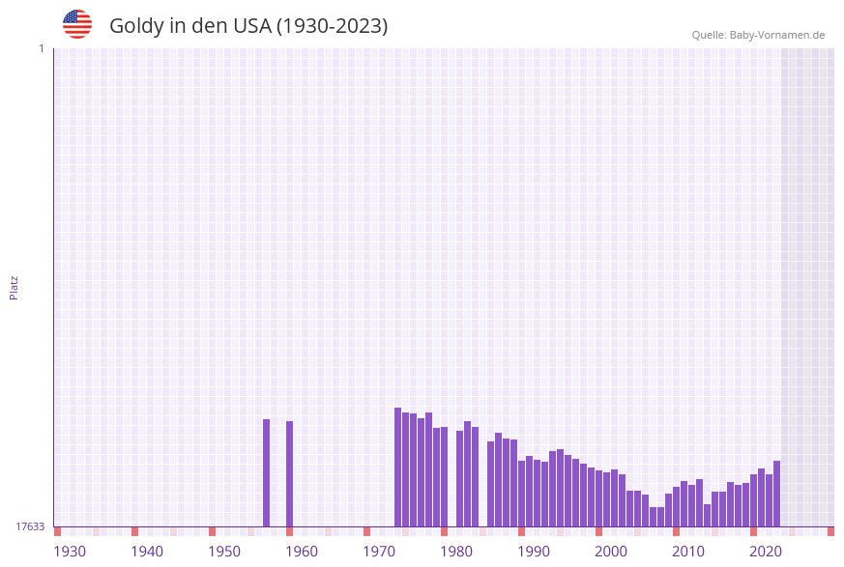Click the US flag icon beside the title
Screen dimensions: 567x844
pos(77,24)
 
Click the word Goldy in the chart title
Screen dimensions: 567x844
pos(136,26)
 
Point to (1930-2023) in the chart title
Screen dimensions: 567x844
pos(333,26)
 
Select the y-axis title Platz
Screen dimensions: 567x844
pos(15,287)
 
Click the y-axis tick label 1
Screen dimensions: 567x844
pos(41,48)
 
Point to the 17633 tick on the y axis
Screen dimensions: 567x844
pos(30,526)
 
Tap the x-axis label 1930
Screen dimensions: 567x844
pos(70,552)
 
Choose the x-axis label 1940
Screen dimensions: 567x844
pos(147,552)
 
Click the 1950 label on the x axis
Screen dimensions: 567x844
pos(224,552)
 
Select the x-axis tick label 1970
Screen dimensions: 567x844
pos(379,552)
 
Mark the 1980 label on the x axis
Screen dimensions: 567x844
pos(456,552)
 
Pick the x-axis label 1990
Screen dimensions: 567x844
pos(534,552)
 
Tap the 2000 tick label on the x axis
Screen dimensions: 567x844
pos(611,552)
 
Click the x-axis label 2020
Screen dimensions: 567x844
pos(766,552)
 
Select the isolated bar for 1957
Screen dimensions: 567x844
pos(266,473)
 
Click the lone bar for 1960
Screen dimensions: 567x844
pos(289,474)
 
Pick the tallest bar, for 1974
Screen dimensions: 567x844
pos(397,468)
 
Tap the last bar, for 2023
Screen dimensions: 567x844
pos(776,494)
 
